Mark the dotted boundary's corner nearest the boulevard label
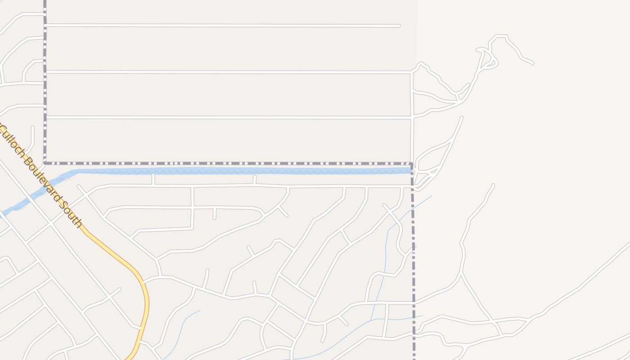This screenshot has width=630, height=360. pos(45,163)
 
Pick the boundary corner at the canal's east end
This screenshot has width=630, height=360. pos(411,164)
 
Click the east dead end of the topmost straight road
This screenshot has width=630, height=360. pos(399,26)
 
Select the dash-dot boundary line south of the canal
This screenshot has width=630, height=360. pos(413,270)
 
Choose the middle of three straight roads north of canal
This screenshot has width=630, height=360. pos(225,72)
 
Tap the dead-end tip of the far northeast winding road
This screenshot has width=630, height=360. pos(532,63)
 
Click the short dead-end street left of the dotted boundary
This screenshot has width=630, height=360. pos(32,135)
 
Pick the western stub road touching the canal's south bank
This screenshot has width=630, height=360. pos(153,179)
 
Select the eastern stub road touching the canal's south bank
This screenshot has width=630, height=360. pos(255,180)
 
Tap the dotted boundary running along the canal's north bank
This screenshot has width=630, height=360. pos(225,163)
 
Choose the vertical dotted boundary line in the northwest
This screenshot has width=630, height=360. pos(45,81)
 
